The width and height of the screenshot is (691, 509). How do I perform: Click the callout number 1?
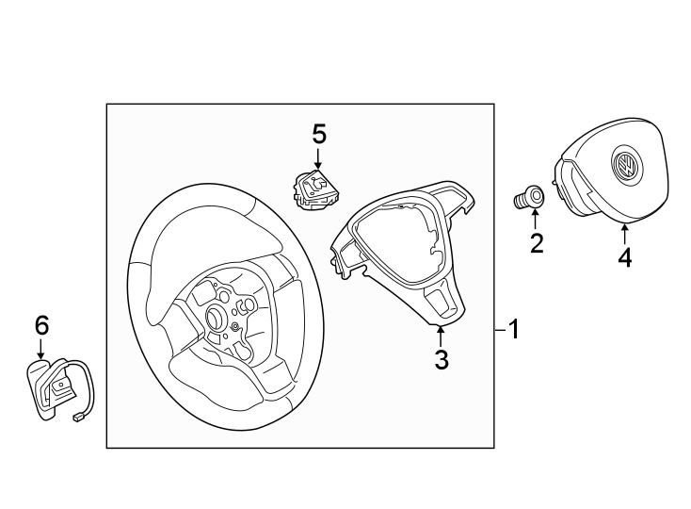(x=514, y=330)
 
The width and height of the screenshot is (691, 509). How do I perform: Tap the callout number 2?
(x=537, y=244)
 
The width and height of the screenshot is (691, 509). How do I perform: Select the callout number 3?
(x=442, y=358)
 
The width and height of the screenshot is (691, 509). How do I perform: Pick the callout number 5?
(x=319, y=134)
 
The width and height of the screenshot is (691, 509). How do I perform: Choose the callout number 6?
(x=41, y=325)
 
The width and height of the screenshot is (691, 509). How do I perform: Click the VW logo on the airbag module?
(x=624, y=168)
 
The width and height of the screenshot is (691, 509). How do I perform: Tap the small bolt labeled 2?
(x=530, y=198)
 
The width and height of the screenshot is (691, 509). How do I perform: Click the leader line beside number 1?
(x=500, y=330)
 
